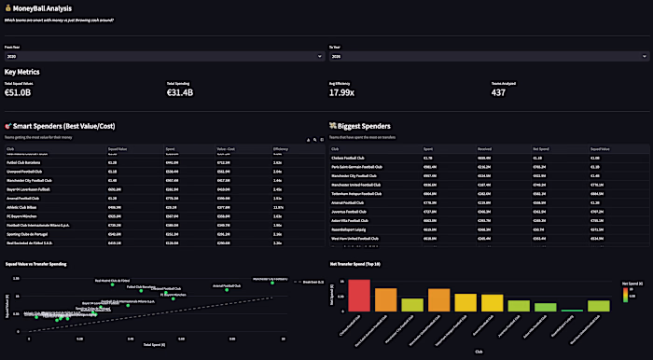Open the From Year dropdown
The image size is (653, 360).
(x=163, y=56)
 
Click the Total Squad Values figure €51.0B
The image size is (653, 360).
(x=18, y=92)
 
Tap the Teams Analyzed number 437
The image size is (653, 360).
(x=503, y=92)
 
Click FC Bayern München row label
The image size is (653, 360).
(x=22, y=215)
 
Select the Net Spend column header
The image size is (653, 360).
(x=540, y=148)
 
